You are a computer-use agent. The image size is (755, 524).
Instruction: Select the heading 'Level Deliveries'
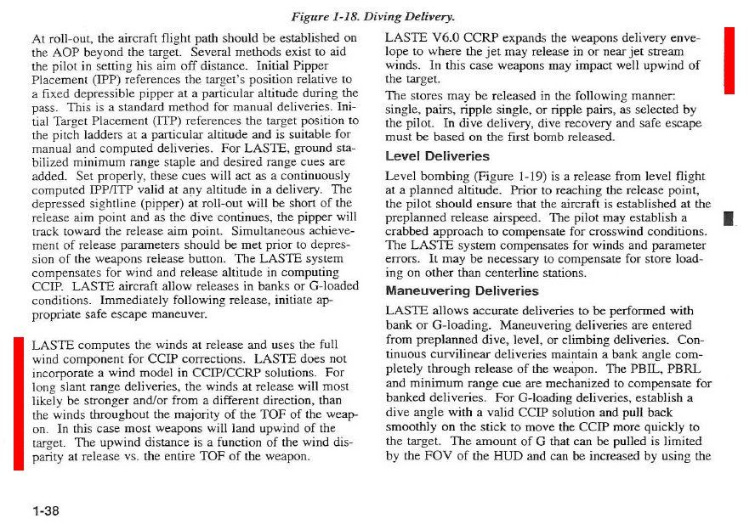[437, 157]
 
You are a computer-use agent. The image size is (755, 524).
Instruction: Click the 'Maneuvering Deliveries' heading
[462, 290]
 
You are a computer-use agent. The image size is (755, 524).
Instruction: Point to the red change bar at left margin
[19, 403]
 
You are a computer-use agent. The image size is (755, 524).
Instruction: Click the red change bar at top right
[729, 59]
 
